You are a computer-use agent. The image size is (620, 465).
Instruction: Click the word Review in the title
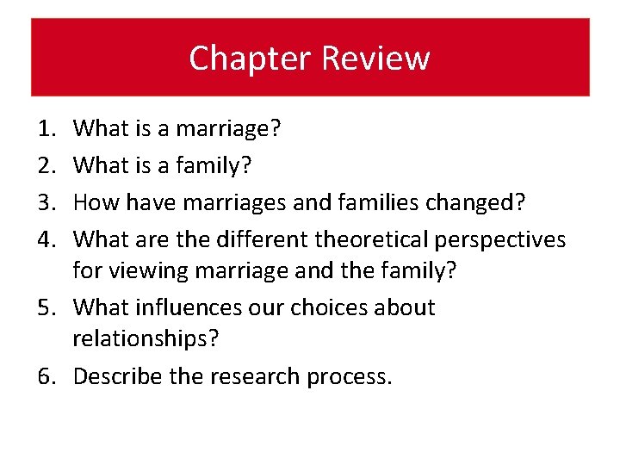coord(375,59)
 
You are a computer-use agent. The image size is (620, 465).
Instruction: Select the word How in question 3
coord(96,202)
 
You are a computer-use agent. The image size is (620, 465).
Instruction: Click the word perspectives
coord(516,240)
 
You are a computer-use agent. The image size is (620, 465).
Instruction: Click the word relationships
coord(146,339)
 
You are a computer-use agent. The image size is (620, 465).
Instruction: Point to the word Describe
coord(116,376)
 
